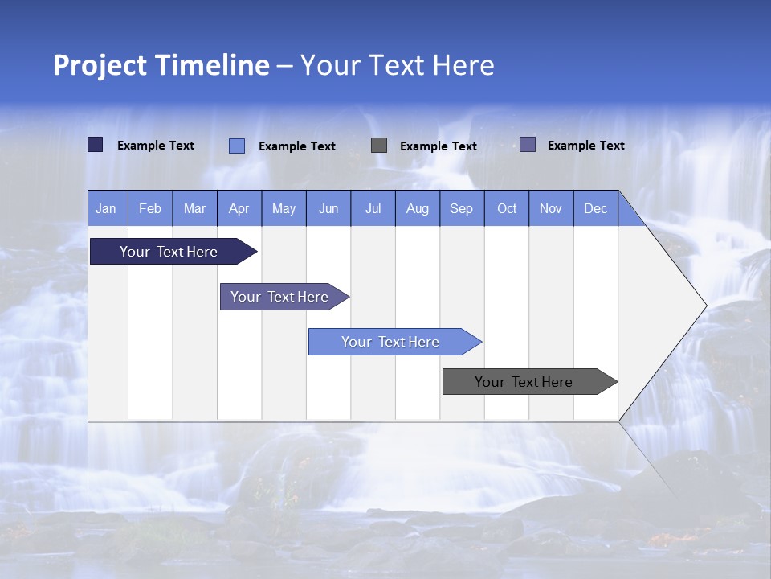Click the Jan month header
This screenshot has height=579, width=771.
coord(107,208)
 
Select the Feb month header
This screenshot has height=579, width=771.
coord(150,208)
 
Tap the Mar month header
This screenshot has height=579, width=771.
coord(194,208)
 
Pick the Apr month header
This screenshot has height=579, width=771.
coord(239,208)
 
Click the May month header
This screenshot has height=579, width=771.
coord(284,208)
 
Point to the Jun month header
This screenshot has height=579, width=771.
coord(328,208)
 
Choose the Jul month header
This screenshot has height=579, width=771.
coord(373,208)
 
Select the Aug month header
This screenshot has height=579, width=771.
coord(418,208)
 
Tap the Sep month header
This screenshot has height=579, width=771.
coord(462,208)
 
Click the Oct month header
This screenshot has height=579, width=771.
coord(507,208)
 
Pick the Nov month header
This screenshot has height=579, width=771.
coord(551,208)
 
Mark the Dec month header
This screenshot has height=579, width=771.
coord(596,208)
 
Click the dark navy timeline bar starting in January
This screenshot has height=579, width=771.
coord(169,252)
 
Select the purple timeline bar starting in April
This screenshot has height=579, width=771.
coord(280,297)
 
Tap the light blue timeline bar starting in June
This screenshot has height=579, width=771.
coord(391,342)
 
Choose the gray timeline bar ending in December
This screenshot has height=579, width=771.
coord(524,382)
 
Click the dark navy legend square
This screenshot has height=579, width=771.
coord(96,145)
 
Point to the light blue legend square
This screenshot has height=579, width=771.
coord(237,146)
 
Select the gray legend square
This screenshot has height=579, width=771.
coord(379,145)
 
